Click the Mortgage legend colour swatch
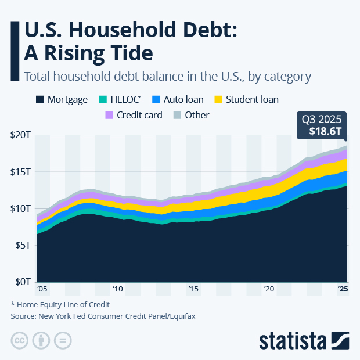coord(40,99)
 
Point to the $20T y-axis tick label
coord(22,135)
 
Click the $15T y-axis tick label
coord(22,172)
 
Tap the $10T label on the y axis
coord(22,208)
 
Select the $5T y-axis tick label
coord(24,245)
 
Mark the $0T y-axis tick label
coord(24,282)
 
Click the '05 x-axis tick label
coord(41,289)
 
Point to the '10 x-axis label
coord(117,289)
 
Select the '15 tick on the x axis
coord(193,289)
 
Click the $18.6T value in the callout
coord(321,131)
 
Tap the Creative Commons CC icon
coord(19,340)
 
